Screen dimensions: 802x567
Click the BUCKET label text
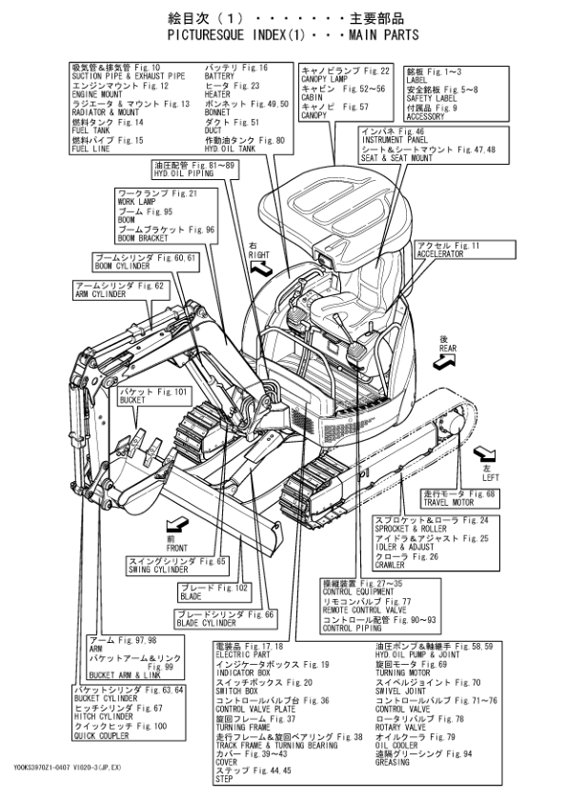tap(133, 401)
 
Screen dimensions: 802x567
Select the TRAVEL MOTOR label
tap(446, 502)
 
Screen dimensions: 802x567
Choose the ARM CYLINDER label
tap(100, 294)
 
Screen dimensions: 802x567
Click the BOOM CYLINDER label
tap(123, 268)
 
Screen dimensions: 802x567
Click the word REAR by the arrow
tap(448, 349)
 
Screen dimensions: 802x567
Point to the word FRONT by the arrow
tap(177, 548)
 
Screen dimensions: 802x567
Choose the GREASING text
tap(393, 763)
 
